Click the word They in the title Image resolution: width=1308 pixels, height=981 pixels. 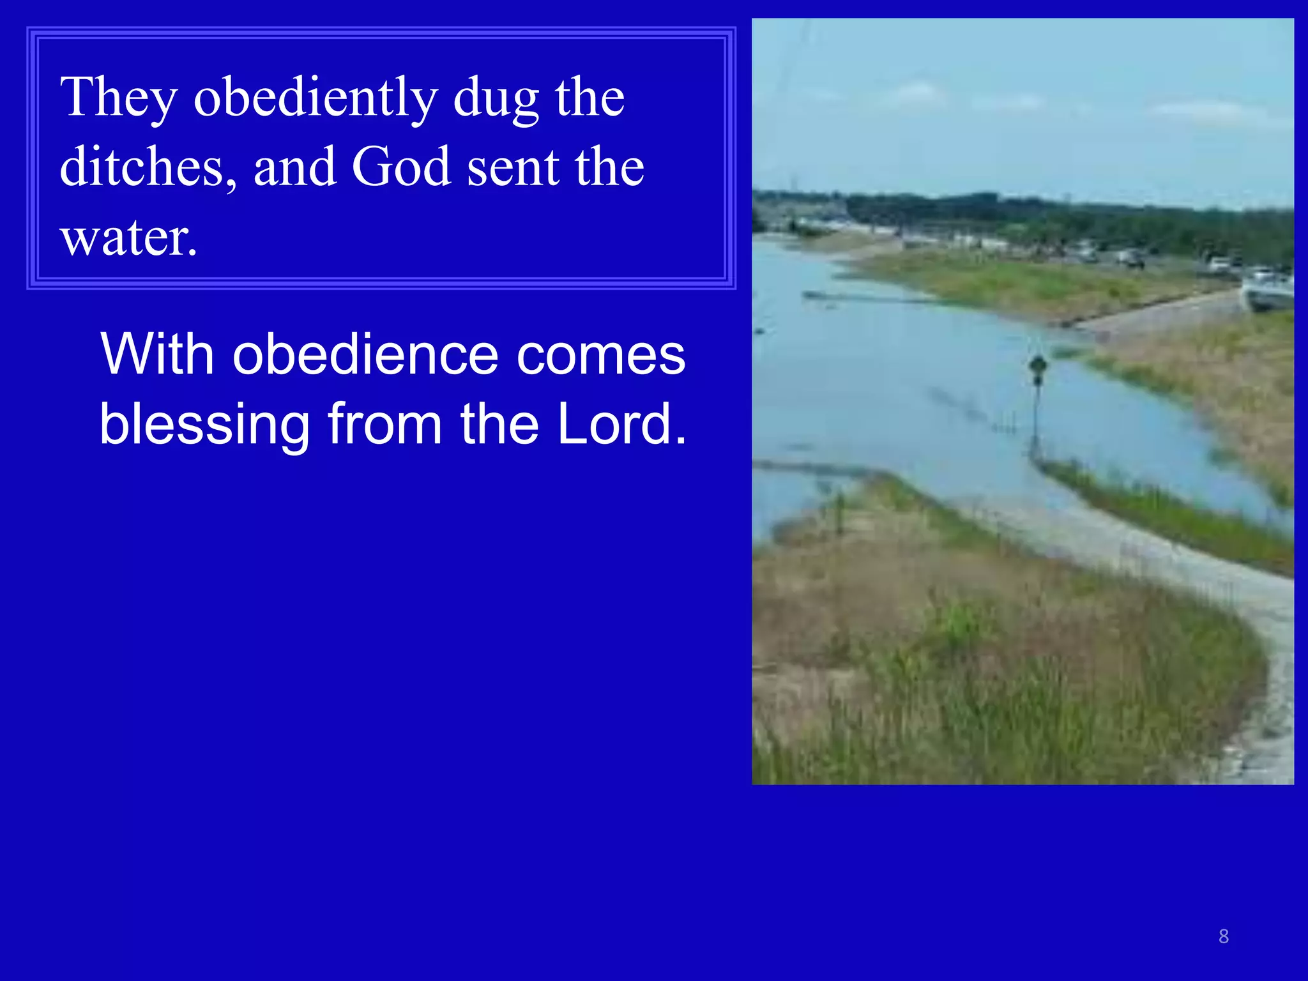click(119, 97)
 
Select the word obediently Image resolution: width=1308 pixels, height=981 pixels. click(316, 97)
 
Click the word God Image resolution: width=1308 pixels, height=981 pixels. click(401, 167)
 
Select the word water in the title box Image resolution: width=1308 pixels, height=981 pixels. click(123, 238)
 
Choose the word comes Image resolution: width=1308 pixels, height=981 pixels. click(601, 355)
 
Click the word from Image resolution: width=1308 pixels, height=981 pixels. click(385, 424)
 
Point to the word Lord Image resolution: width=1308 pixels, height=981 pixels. click(614, 424)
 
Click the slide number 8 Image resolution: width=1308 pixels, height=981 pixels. click(1224, 936)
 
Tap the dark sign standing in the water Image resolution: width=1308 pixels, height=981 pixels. click(1038, 368)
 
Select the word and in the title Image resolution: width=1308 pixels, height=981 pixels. click(295, 167)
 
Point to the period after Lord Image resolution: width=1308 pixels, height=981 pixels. click(681, 441)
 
